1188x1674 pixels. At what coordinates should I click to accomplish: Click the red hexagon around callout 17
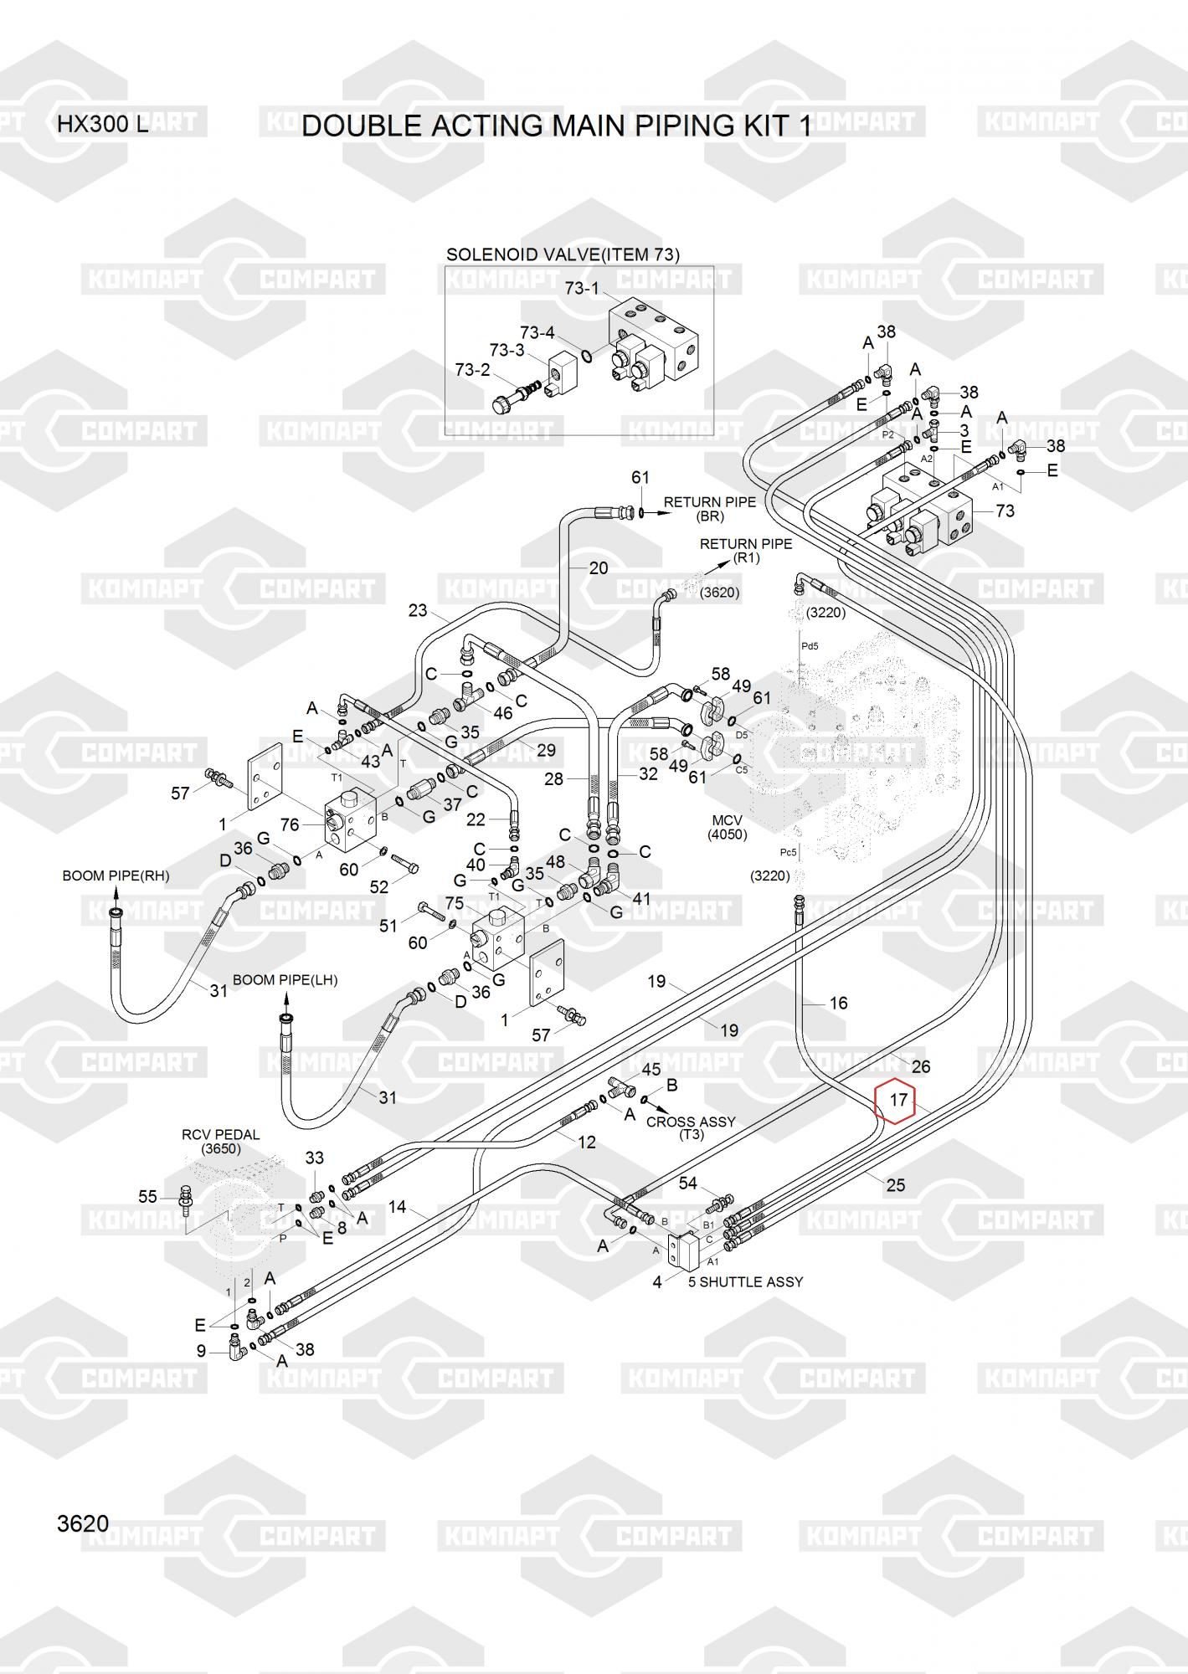[x=896, y=1100]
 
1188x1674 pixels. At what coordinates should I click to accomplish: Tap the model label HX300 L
[x=102, y=125]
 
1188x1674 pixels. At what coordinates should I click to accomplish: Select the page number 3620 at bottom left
[x=83, y=1523]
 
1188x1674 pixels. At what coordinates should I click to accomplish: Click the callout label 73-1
[x=581, y=289]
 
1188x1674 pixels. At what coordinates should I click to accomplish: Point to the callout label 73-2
[x=472, y=369]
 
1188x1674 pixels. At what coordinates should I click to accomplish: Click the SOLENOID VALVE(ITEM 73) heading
[x=563, y=254]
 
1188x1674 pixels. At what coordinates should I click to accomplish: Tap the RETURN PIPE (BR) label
[x=709, y=509]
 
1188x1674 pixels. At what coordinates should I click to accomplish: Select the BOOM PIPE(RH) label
[x=116, y=876]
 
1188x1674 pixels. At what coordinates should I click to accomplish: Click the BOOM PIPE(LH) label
[x=285, y=979]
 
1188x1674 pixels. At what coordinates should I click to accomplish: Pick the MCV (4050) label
[x=727, y=827]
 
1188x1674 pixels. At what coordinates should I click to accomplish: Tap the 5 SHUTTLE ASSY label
[x=745, y=1281]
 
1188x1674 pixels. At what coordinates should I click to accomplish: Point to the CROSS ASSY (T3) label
[x=691, y=1127]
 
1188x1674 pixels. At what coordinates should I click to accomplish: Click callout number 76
[x=290, y=824]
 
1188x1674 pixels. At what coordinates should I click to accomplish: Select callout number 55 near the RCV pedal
[x=147, y=1197]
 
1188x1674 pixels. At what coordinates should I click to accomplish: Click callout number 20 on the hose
[x=599, y=568]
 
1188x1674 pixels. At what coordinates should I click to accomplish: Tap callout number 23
[x=418, y=611]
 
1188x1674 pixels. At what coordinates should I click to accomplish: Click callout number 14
[x=397, y=1206]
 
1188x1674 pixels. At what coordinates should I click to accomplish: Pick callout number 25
[x=895, y=1184]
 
